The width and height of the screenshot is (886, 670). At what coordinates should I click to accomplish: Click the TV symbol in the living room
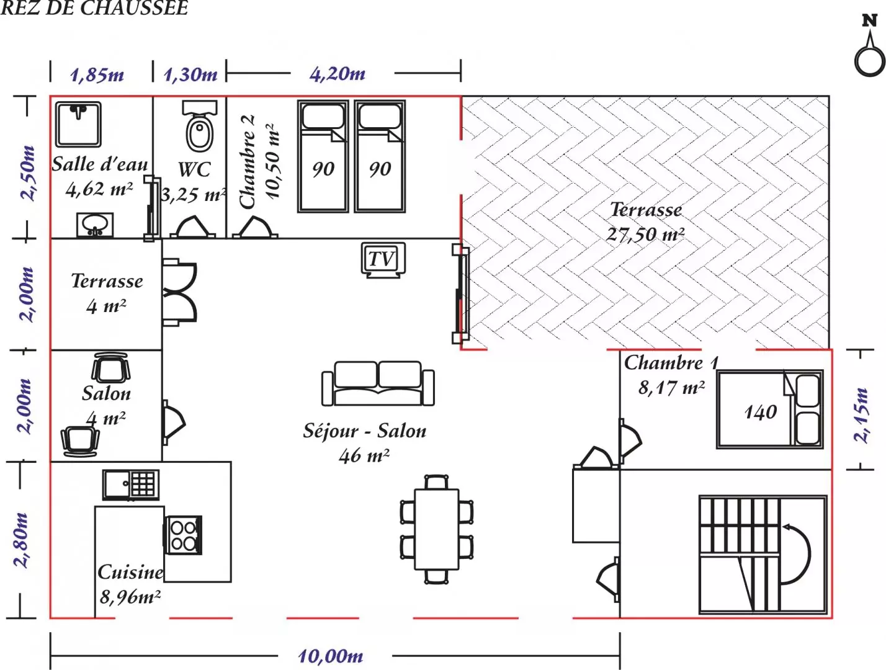(x=383, y=260)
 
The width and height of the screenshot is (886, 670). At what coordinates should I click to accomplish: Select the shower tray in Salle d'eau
(x=78, y=124)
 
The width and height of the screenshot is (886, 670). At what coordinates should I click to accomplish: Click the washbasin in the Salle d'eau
(x=95, y=225)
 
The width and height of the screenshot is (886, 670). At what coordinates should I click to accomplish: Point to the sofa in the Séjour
(x=378, y=383)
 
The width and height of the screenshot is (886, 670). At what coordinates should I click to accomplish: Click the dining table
(x=436, y=529)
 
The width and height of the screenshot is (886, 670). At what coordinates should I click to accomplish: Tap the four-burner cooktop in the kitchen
(x=182, y=535)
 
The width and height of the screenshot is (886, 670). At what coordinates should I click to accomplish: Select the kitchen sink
(x=130, y=485)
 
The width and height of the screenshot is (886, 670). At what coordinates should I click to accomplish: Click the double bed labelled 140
(x=770, y=409)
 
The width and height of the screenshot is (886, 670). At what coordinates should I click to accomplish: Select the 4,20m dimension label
(x=338, y=74)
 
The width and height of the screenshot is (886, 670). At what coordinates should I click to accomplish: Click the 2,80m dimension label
(x=21, y=540)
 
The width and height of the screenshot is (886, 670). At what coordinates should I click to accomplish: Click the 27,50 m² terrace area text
(x=645, y=234)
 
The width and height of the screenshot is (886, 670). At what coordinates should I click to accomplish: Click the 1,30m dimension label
(x=190, y=74)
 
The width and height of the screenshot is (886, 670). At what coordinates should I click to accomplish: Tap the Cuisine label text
(x=130, y=573)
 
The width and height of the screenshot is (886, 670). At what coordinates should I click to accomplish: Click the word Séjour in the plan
(x=331, y=431)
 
